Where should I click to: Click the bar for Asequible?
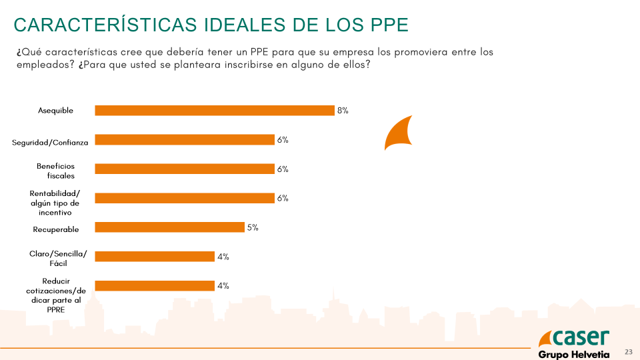tap(214, 111)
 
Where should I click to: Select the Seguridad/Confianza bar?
tap(185, 140)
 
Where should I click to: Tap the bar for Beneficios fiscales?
tap(185, 169)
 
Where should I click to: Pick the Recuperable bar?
tap(169, 227)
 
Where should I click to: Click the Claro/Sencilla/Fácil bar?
tap(155, 256)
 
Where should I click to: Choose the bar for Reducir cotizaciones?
tap(155, 285)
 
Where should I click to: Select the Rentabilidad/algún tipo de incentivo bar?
tap(185, 198)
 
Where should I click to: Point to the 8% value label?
tap(343, 111)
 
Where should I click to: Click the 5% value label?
tap(253, 227)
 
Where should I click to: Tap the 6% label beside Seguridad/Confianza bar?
tap(283, 140)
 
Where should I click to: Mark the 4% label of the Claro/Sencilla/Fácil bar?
tap(223, 256)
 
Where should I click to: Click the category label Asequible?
tap(56, 111)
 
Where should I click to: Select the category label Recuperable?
tap(56, 229)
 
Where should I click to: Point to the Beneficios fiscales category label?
tap(56, 171)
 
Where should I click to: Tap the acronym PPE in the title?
tap(390, 25)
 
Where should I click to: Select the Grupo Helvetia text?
tap(573, 354)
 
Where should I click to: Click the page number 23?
tap(628, 351)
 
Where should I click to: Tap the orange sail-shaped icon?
tap(400, 132)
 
